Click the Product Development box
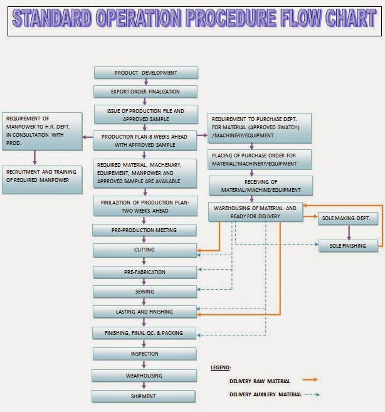[145, 73]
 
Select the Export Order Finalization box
[145, 92]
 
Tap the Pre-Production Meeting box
[145, 230]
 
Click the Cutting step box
[145, 250]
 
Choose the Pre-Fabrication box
[145, 272]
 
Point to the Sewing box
[145, 292]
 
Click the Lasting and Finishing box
[145, 312]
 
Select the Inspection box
[145, 354]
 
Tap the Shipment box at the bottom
[145, 396]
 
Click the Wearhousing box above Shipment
[145, 376]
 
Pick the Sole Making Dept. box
[348, 219]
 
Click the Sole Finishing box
[348, 245]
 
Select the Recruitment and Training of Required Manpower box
[42, 176]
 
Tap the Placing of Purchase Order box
[260, 159]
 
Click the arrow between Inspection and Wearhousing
[145, 365]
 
